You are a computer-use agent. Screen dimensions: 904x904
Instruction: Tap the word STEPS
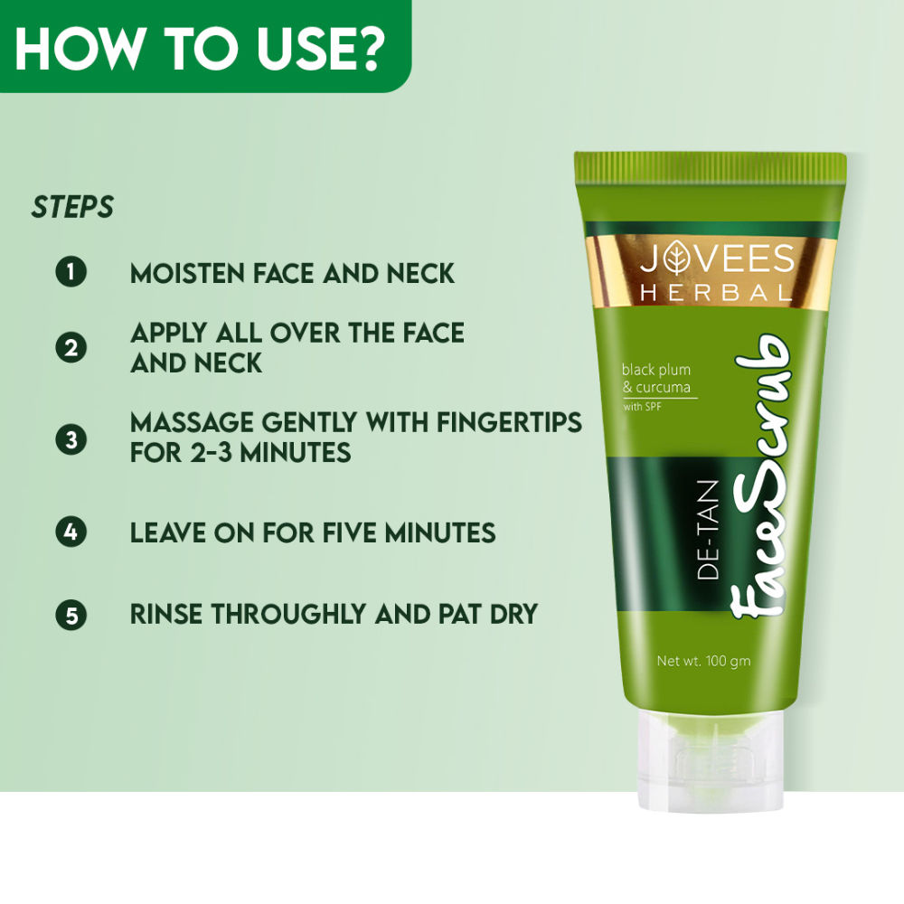tap(73, 207)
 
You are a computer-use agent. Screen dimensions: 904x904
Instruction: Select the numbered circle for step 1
tap(71, 272)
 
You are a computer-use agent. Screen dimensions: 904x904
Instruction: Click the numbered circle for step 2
tap(71, 347)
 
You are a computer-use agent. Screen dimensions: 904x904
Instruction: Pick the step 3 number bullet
tap(71, 440)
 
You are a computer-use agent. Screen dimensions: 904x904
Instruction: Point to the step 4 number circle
tap(71, 532)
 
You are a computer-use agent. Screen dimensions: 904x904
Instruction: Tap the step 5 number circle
tap(71, 616)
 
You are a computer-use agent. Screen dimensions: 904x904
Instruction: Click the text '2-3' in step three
tap(218, 452)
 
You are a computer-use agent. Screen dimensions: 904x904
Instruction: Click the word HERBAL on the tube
tap(717, 293)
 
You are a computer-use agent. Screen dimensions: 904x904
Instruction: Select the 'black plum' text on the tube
tap(655, 369)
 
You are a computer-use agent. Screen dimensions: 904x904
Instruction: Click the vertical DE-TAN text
tap(710, 530)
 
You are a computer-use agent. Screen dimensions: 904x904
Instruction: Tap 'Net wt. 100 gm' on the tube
tap(703, 661)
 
